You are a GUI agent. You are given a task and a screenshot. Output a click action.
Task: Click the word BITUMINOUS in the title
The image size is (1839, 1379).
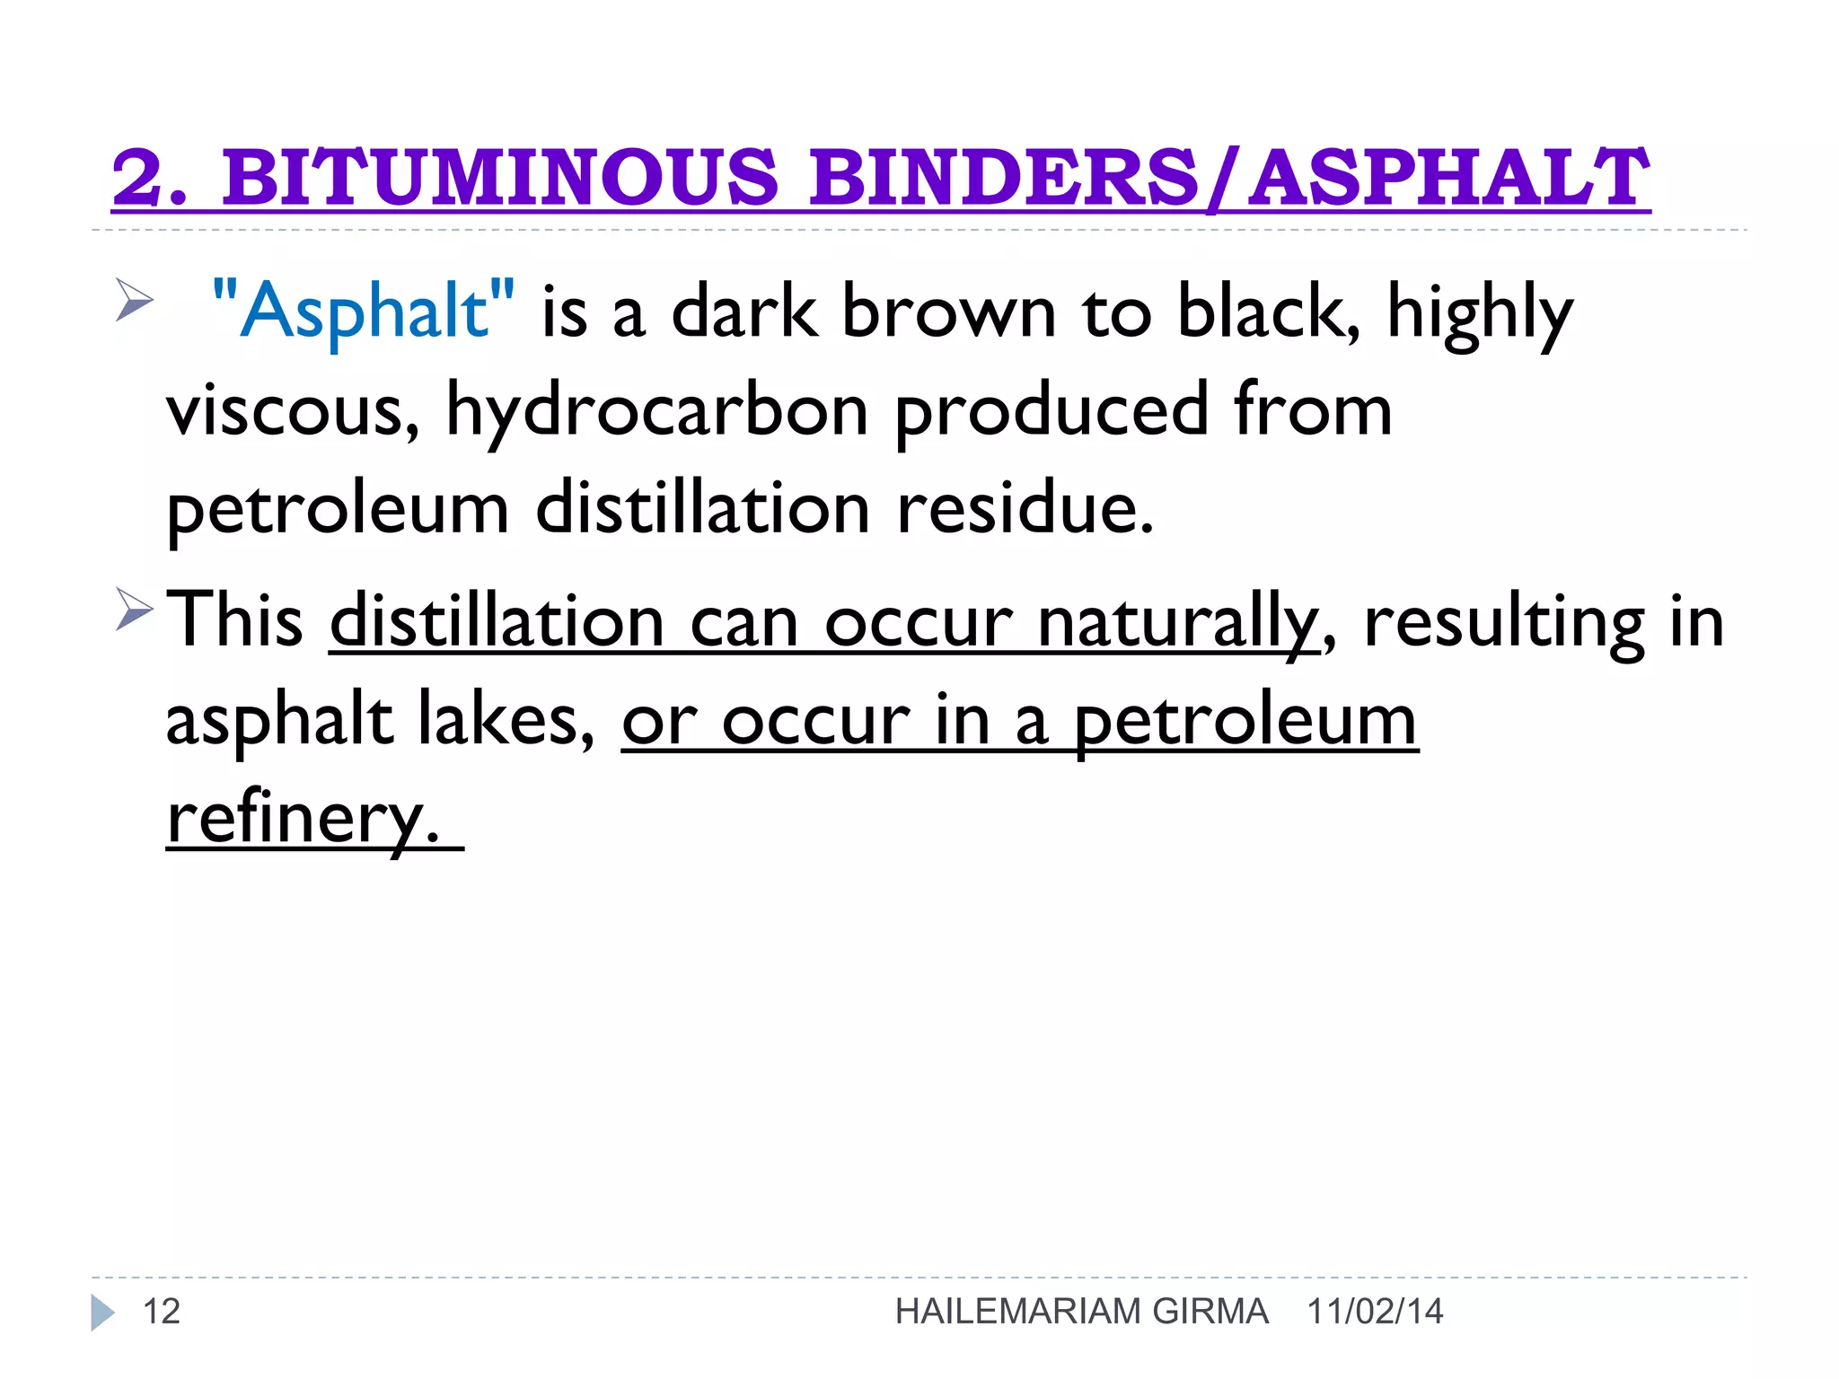pyautogui.click(x=499, y=176)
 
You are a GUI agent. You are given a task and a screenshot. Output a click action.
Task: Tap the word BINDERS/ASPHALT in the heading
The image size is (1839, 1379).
pyautogui.click(x=1228, y=176)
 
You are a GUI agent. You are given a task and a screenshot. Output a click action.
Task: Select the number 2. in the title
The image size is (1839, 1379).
pyautogui.click(x=149, y=176)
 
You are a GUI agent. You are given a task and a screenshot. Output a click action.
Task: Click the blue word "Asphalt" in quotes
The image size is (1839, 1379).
pyautogui.click(x=364, y=311)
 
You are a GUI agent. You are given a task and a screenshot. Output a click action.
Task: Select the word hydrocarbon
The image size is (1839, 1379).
pyautogui.click(x=656, y=410)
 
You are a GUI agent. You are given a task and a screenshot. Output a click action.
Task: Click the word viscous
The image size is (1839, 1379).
pyautogui.click(x=293, y=410)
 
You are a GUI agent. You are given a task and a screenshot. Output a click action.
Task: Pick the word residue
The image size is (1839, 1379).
pyautogui.click(x=1025, y=508)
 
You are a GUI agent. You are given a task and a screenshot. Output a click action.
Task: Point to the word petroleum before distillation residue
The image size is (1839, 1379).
pyautogui.click(x=338, y=508)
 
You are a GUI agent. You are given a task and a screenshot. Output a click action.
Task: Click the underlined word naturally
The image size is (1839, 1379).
pyautogui.click(x=1177, y=621)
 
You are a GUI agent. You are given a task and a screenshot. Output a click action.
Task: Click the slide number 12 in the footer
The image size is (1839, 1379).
pyautogui.click(x=162, y=1312)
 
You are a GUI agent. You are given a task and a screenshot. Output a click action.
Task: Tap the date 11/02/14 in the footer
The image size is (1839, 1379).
pyautogui.click(x=1375, y=1312)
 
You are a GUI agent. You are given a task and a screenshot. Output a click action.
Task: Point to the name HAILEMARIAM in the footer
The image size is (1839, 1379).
pyautogui.click(x=1018, y=1312)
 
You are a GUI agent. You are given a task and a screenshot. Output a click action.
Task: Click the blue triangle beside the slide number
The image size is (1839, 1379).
pyautogui.click(x=102, y=1313)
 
